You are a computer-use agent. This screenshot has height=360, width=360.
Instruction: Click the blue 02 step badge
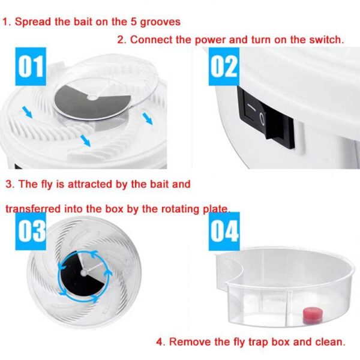224,67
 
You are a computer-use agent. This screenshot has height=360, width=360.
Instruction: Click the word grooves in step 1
161,22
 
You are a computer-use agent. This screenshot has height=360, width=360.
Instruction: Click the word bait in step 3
156,184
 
